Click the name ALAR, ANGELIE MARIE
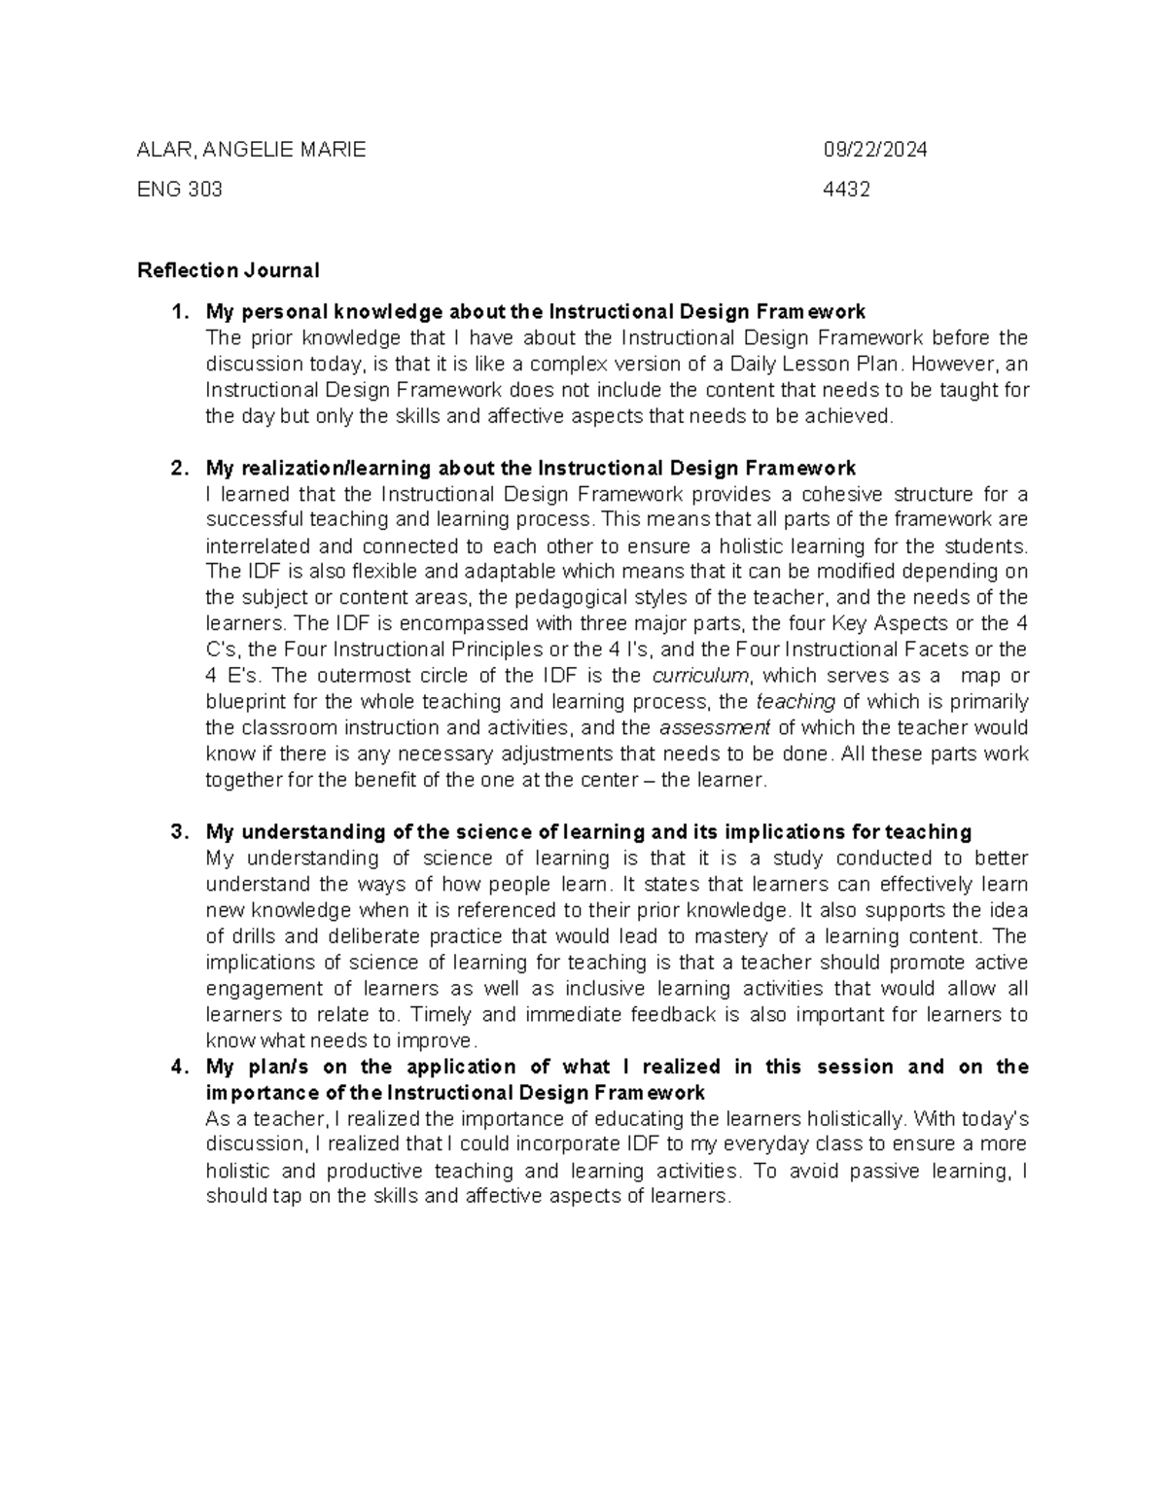pyautogui.click(x=252, y=150)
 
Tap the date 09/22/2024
pyautogui.click(x=875, y=150)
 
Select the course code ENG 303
pyautogui.click(x=180, y=190)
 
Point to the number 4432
pyautogui.click(x=846, y=190)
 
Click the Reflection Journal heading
pyautogui.click(x=229, y=270)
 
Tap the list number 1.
pyautogui.click(x=176, y=312)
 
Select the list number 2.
pyautogui.click(x=176, y=468)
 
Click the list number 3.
pyautogui.click(x=176, y=832)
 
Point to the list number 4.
pyautogui.click(x=176, y=1067)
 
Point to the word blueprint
pyautogui.click(x=243, y=702)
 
